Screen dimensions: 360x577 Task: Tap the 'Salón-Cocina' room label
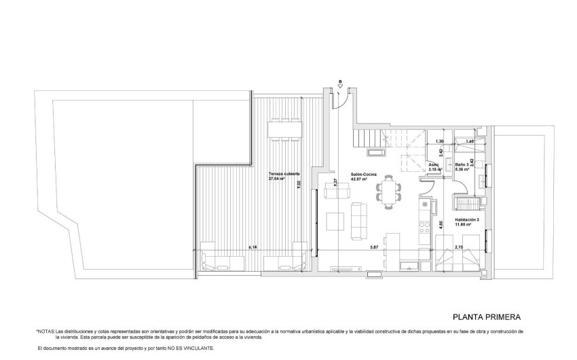364,175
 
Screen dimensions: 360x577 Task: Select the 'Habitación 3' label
468,219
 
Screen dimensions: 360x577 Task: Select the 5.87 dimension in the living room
374,248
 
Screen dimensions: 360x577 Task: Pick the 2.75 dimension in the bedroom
459,248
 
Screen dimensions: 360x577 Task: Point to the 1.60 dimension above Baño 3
470,141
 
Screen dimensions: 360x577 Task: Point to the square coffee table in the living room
335,221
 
